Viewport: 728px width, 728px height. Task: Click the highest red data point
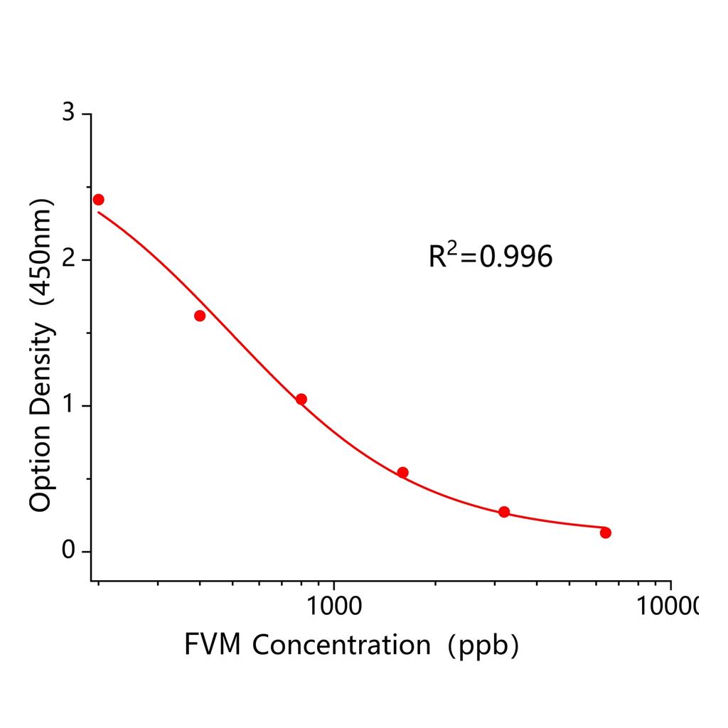98,200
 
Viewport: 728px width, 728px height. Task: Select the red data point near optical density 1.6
200,316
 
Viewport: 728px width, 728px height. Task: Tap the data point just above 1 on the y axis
301,399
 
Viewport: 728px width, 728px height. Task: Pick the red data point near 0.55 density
402,472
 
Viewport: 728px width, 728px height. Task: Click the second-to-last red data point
504,512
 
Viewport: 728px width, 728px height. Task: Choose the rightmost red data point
606,532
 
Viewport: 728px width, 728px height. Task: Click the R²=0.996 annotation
490,257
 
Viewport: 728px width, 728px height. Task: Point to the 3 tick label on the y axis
68,114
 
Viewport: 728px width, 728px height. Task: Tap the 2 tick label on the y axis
68,259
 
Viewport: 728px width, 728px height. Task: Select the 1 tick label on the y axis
68,405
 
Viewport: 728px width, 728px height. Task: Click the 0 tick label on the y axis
68,551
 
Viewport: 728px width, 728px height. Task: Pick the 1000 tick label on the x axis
333,606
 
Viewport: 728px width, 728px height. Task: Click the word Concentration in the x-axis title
341,646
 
